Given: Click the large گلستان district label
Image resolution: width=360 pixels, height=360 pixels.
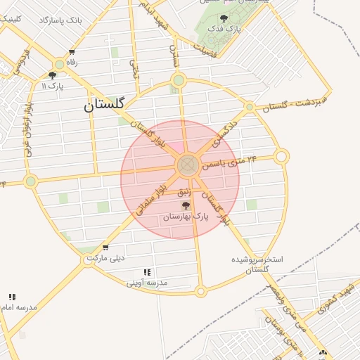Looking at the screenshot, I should click(x=103, y=105).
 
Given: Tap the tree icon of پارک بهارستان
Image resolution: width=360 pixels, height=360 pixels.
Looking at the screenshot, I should click(x=186, y=205).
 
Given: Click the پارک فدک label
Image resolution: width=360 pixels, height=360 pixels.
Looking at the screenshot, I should click(x=227, y=29).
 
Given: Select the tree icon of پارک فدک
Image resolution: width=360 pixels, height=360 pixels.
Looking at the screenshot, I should click(x=224, y=18).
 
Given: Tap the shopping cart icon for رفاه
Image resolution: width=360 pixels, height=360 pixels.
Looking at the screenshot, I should click(x=72, y=52).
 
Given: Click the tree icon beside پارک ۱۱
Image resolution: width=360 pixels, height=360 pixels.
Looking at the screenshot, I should click(x=52, y=75).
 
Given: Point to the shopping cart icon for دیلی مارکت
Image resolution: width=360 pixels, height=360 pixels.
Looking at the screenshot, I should click(x=105, y=247).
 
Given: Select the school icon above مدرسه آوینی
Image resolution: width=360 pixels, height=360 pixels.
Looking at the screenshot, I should click(x=147, y=272).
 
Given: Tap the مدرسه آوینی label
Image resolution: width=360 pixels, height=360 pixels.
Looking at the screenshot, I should click(x=147, y=283).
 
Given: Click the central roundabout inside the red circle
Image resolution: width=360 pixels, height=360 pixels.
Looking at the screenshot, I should click(x=186, y=166).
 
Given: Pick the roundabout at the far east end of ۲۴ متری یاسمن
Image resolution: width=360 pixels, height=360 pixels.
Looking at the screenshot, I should click(x=281, y=156).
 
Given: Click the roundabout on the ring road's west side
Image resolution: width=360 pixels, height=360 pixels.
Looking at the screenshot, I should click(x=30, y=181).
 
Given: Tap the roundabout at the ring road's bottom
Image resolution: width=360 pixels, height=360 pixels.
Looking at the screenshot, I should click(x=200, y=290).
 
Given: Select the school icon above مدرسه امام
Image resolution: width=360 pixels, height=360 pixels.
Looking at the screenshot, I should click(x=12, y=297).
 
